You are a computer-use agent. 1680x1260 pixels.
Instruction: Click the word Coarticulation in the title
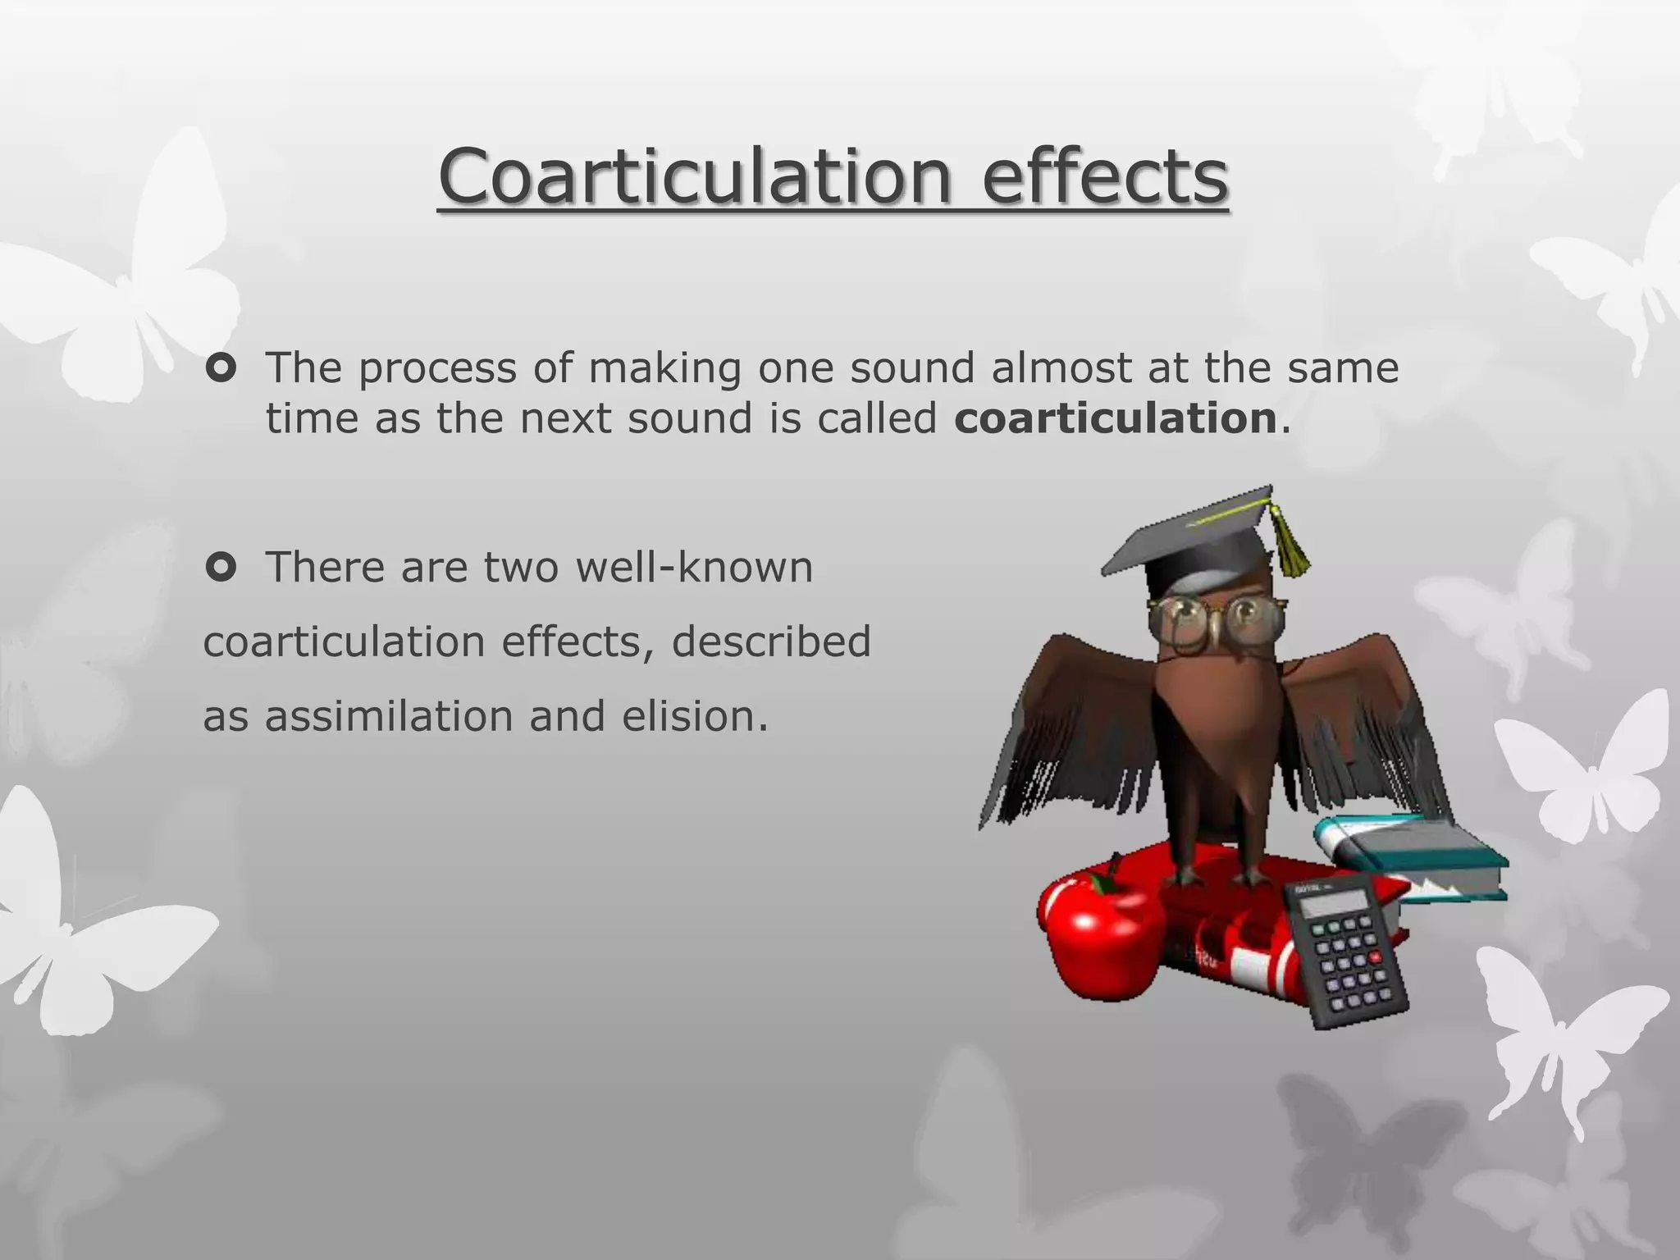(693, 176)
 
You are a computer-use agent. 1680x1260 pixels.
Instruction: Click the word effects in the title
(1104, 176)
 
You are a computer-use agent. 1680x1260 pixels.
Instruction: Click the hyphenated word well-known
(694, 567)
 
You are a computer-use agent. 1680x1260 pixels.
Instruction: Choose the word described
(771, 641)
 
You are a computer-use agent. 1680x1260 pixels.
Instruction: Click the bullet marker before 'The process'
(221, 368)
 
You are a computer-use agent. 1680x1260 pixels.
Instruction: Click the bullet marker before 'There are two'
(221, 567)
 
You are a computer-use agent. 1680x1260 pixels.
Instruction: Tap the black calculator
(1345, 952)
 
